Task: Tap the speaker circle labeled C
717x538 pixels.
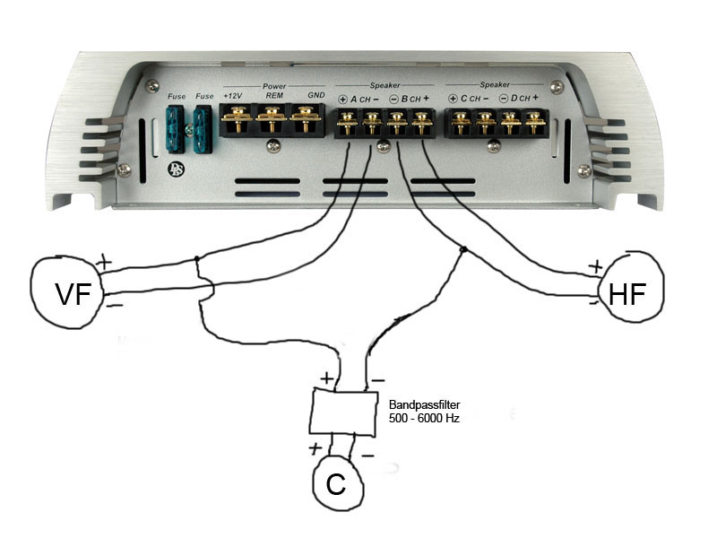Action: [x=336, y=484]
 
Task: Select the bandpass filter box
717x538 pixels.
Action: [x=343, y=412]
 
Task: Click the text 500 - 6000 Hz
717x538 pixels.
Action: [x=424, y=419]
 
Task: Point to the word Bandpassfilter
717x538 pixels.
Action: [x=425, y=405]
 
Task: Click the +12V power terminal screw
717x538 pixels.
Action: [x=238, y=117]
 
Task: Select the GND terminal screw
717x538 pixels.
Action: [x=307, y=117]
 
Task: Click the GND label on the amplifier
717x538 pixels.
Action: [x=315, y=95]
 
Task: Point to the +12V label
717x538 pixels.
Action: [x=232, y=95]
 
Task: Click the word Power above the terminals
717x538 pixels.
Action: [x=274, y=86]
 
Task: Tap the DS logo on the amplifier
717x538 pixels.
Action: [x=173, y=169]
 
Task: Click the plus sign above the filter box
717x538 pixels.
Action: [x=326, y=377]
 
